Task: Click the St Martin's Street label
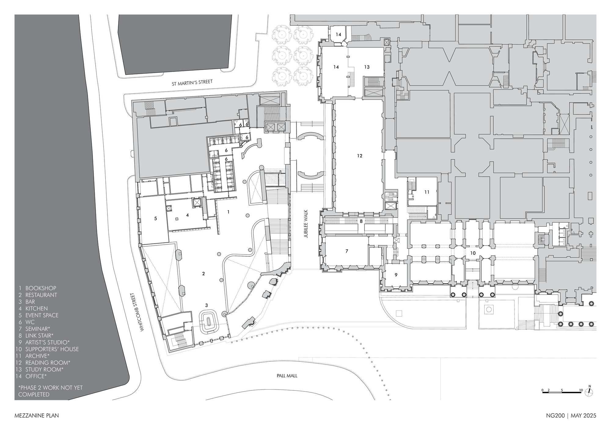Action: click(x=192, y=82)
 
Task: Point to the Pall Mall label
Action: click(x=287, y=376)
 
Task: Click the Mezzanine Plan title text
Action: click(x=37, y=416)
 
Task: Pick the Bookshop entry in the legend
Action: click(x=37, y=288)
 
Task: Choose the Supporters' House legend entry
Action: click(x=47, y=349)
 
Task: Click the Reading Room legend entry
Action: click(x=43, y=363)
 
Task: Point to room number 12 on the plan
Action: click(x=360, y=156)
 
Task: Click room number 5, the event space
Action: click(x=155, y=218)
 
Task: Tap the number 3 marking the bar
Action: click(x=207, y=305)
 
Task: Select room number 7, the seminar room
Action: click(x=346, y=251)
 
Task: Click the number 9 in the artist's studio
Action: click(x=396, y=275)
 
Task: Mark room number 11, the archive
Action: click(x=427, y=192)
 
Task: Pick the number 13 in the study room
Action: click(x=367, y=67)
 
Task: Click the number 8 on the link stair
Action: click(x=361, y=221)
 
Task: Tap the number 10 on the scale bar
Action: click(x=581, y=390)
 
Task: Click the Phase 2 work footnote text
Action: click(x=50, y=391)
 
